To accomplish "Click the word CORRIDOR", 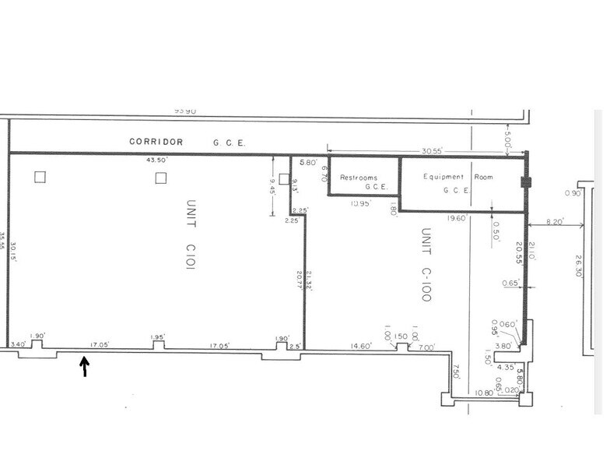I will pos(156,142).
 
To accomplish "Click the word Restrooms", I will pos(359,178).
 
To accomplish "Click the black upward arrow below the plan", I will pos(85,366).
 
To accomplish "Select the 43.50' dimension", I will pos(156,160).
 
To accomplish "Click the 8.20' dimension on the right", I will pos(556,221).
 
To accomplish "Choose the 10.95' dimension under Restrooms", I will pos(359,203).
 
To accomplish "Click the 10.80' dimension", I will pos(483,393).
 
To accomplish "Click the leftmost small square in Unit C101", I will pos(40,177).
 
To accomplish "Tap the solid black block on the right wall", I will pos(525,183).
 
